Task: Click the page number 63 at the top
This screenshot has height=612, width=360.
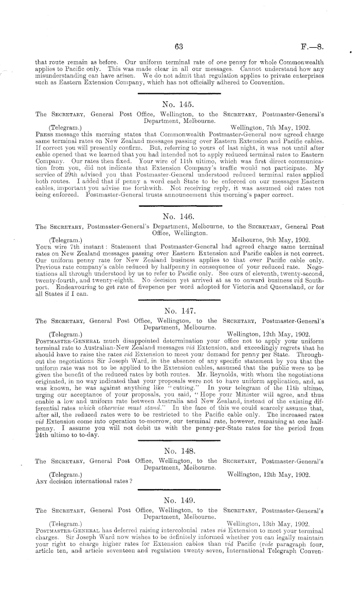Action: [179, 45]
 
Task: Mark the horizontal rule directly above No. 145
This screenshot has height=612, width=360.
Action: [177, 93]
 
